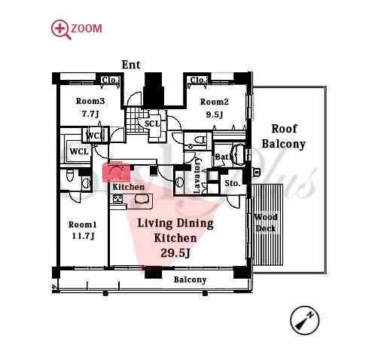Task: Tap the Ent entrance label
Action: (x=131, y=65)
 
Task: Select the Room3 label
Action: (x=90, y=101)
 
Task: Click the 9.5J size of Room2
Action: (x=214, y=114)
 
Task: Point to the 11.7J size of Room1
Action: (x=83, y=236)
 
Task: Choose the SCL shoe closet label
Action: (x=152, y=124)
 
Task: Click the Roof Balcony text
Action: (x=283, y=136)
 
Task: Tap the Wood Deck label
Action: (x=266, y=223)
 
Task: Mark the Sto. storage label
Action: (x=233, y=184)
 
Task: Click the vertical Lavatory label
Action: (x=197, y=175)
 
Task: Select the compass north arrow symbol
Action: (x=304, y=320)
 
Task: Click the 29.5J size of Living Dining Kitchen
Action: (x=175, y=253)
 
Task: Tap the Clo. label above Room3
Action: (x=110, y=81)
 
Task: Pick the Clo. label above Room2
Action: (x=198, y=81)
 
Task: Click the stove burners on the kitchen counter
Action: (x=117, y=200)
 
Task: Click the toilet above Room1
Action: (x=69, y=175)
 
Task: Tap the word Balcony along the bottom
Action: (x=190, y=279)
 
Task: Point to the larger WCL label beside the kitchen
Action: (x=79, y=151)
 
